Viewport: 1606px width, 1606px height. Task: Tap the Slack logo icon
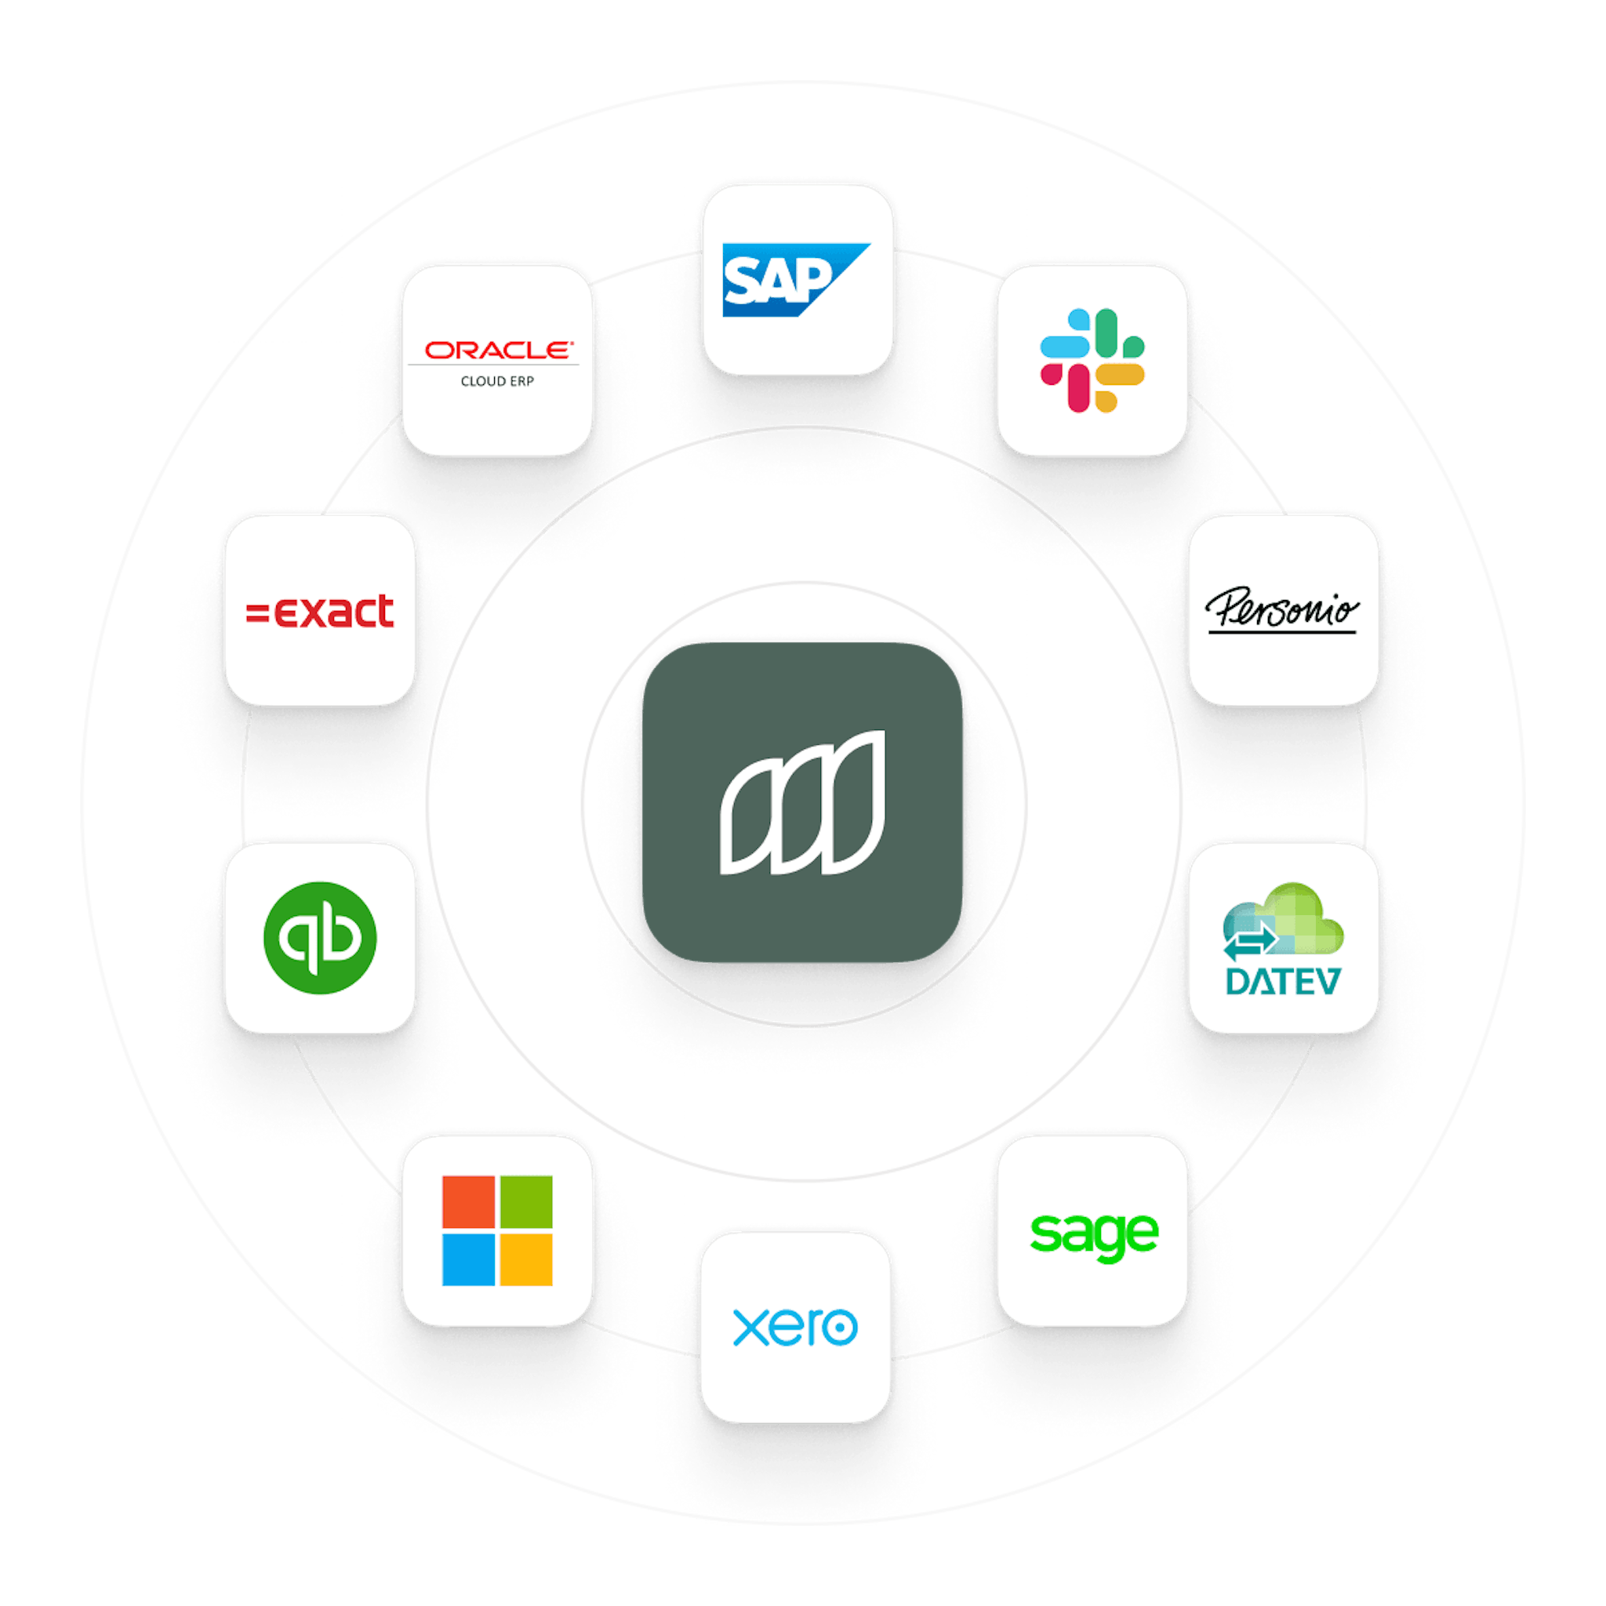tap(1092, 360)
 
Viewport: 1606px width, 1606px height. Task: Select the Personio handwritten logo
tap(1282, 611)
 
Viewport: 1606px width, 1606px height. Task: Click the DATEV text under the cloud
tap(1282, 982)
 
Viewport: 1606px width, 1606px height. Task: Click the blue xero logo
tap(794, 1327)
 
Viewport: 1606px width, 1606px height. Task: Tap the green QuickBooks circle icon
tap(320, 939)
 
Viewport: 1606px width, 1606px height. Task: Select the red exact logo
tap(321, 612)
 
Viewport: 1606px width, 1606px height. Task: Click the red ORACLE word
tap(497, 350)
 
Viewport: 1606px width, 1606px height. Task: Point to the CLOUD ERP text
tap(497, 382)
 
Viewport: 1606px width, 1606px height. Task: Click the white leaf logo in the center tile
tap(802, 802)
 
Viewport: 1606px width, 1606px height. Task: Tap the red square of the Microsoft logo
tap(468, 1202)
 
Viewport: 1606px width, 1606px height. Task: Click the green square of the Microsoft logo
tap(526, 1202)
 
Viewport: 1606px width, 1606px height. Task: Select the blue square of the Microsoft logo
tap(468, 1259)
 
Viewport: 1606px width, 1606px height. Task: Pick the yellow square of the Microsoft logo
tap(526, 1259)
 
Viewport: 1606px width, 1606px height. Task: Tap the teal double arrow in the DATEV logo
tap(1249, 943)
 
